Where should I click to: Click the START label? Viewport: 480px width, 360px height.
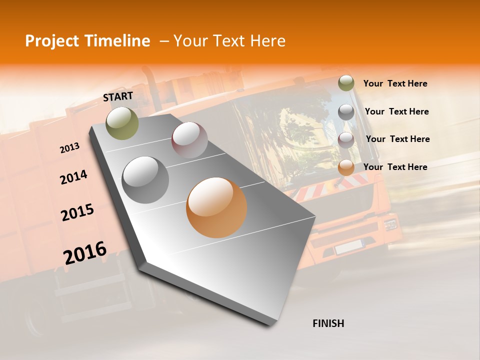[118, 96]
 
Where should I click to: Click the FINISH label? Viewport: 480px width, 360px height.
[328, 323]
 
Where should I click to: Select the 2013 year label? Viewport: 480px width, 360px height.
[69, 148]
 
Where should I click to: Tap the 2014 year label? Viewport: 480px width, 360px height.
[73, 177]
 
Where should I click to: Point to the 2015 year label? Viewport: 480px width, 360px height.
[77, 212]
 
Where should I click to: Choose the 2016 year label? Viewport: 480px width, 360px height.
[85, 252]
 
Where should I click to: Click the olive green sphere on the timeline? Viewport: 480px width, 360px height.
[122, 123]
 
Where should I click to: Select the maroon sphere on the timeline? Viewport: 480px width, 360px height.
[189, 140]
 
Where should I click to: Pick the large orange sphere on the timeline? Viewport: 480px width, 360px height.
[216, 207]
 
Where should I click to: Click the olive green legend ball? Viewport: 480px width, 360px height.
[346, 83]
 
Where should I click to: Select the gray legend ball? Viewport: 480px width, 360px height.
[346, 112]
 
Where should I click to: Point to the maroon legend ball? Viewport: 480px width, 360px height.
[346, 140]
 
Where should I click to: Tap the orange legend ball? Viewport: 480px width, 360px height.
[346, 167]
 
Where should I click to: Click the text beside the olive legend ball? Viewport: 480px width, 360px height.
[395, 84]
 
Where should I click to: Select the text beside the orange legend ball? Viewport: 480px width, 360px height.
[395, 167]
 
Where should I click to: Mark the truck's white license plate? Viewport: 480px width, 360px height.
[348, 246]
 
